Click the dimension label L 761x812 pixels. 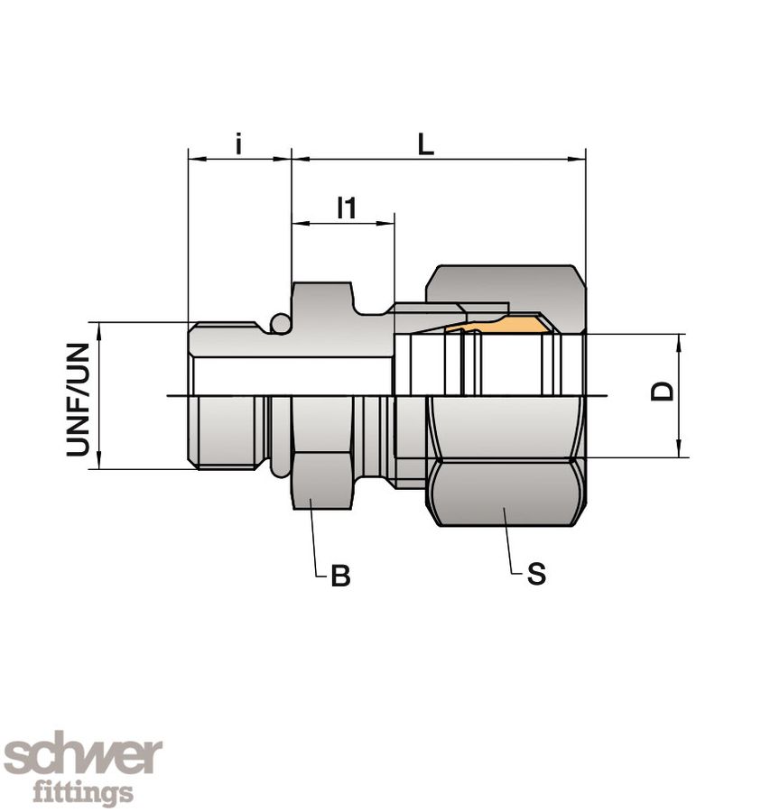click(x=426, y=144)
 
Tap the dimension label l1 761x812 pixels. click(x=346, y=208)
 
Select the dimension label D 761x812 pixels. click(x=664, y=392)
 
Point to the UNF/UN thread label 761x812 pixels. click(x=79, y=399)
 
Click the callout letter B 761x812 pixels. click(x=340, y=576)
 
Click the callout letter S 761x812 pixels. click(x=536, y=574)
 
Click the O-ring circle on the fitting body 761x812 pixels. click(x=282, y=323)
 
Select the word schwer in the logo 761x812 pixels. click(x=83, y=756)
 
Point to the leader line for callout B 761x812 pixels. click(x=312, y=541)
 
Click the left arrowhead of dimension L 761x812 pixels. click(x=299, y=160)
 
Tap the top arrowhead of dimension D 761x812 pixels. click(x=678, y=340)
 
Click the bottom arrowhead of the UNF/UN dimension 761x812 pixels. click(x=100, y=462)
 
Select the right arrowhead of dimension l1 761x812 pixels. click(x=388, y=223)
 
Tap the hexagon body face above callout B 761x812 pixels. click(x=322, y=478)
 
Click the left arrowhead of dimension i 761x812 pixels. click(x=194, y=160)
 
